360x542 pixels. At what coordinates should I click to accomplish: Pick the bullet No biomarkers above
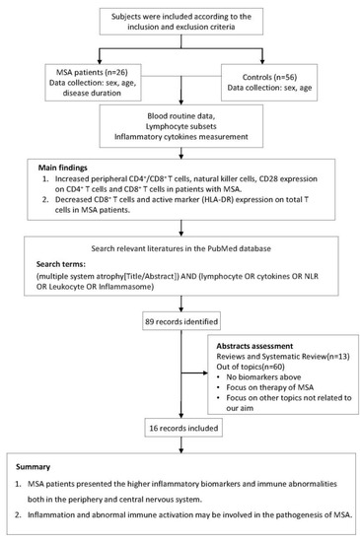pos(254,414)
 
